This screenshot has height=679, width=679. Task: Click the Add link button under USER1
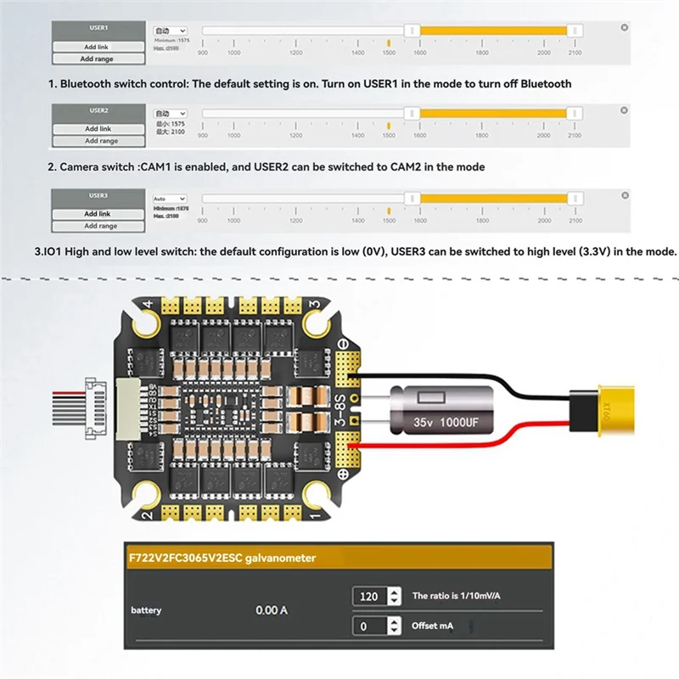97,47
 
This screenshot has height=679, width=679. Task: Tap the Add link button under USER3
97,214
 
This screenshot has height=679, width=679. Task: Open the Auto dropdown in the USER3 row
169,199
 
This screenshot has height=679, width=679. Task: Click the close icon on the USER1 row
625,28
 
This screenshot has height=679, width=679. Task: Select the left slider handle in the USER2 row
412,114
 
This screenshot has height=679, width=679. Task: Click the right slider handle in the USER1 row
575,31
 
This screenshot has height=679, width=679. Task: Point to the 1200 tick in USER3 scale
295,221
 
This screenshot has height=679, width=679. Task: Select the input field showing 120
369,597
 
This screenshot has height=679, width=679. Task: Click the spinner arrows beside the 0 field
394,626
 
